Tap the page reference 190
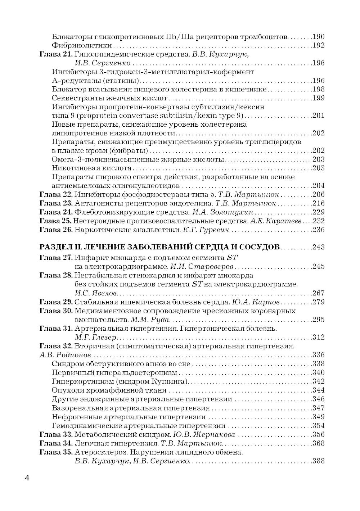(x=318, y=37)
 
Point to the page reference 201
(x=318, y=116)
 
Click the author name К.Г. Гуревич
(x=210, y=230)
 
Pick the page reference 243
(x=318, y=247)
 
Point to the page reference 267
(x=318, y=293)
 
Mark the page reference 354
(x=318, y=426)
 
